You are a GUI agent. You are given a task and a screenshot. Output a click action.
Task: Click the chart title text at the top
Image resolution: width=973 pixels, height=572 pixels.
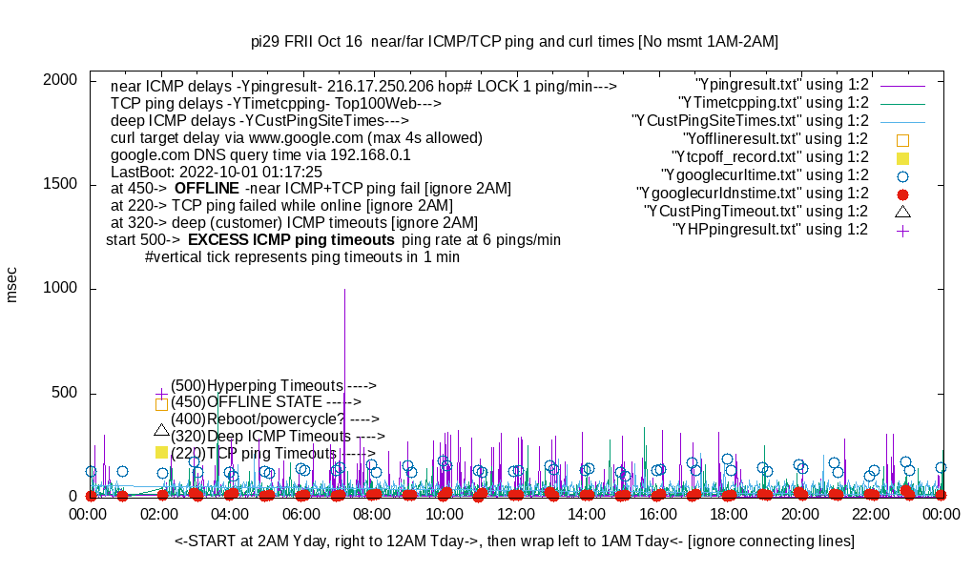[514, 42]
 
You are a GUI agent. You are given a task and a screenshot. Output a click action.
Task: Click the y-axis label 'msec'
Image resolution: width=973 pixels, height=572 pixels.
[12, 285]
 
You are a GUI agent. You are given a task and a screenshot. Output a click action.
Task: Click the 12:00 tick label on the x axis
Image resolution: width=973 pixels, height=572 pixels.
[515, 514]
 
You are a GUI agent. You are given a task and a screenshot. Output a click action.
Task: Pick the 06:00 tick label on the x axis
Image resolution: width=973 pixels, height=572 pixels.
[302, 514]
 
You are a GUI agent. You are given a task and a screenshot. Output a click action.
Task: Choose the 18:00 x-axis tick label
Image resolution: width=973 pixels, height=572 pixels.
[729, 514]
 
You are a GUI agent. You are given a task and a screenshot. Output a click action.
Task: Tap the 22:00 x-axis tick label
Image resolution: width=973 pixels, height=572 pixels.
[871, 514]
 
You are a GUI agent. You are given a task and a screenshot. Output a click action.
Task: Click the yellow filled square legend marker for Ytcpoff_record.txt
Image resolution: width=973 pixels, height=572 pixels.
[902, 157]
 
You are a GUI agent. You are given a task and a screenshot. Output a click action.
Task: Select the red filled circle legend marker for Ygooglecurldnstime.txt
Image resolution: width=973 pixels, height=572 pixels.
[902, 194]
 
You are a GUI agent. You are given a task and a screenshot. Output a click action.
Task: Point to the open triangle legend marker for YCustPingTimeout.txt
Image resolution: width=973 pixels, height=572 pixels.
[902, 211]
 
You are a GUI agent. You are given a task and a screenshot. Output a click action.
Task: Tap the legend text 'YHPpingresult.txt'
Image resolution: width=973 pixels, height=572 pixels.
[771, 230]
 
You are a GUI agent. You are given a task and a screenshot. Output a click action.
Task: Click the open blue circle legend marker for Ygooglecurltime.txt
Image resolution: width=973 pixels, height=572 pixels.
[902, 175]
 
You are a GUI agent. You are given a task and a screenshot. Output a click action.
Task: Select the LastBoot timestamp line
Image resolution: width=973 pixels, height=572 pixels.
[217, 172]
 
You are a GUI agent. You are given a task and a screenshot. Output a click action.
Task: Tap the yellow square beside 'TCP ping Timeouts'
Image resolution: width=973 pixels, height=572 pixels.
[161, 453]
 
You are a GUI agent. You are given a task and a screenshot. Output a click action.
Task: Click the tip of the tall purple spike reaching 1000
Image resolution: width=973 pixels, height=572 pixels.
[344, 290]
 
